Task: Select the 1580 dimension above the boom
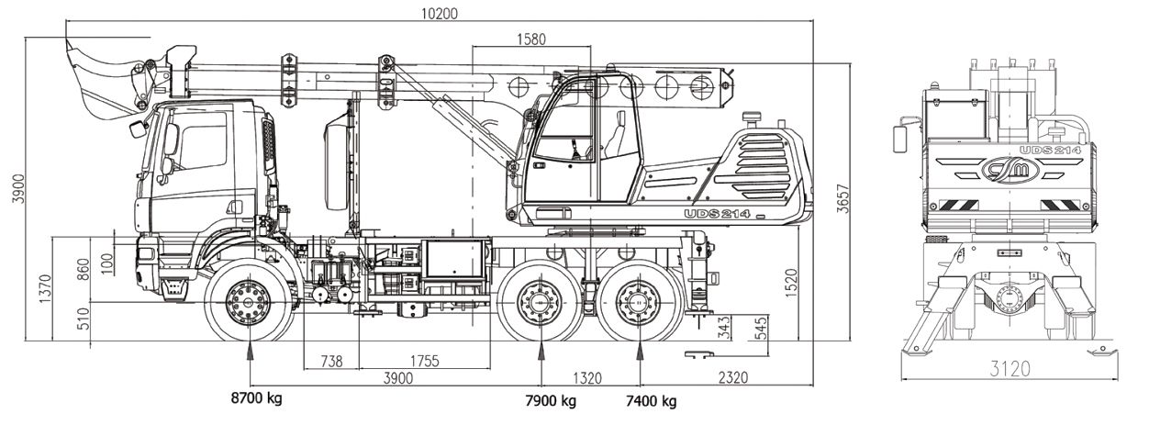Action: click(x=531, y=39)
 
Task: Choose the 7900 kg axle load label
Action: click(x=551, y=401)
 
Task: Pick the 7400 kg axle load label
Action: click(x=651, y=401)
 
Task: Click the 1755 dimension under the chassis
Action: click(x=423, y=361)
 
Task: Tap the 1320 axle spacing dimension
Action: click(x=587, y=377)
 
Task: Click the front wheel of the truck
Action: click(x=250, y=301)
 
